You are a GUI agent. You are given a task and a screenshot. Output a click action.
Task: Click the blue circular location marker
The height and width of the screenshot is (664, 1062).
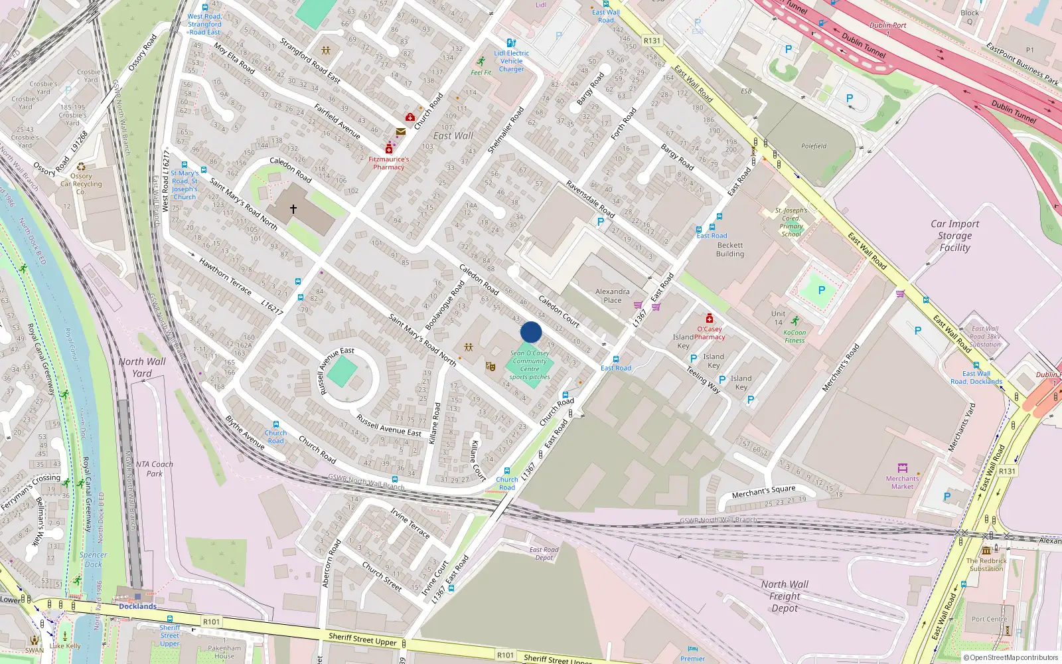click(531, 332)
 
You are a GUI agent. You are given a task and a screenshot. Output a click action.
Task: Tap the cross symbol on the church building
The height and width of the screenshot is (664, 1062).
click(293, 208)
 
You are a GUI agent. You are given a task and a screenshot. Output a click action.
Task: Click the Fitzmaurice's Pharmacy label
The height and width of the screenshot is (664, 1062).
click(389, 163)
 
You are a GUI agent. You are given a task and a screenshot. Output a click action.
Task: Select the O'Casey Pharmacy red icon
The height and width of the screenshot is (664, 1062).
click(710, 319)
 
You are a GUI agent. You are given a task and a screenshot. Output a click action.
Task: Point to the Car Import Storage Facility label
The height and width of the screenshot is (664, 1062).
click(954, 236)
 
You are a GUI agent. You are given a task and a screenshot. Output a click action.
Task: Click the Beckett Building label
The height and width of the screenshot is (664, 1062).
click(730, 250)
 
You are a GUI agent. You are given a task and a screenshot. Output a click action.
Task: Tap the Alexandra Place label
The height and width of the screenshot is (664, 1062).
click(612, 295)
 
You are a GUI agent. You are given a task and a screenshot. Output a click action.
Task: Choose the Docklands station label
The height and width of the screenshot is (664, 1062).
click(137, 606)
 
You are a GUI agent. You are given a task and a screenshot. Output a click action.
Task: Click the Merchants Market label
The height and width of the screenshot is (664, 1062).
click(902, 482)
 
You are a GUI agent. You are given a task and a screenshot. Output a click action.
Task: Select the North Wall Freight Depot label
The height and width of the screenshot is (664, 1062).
click(785, 596)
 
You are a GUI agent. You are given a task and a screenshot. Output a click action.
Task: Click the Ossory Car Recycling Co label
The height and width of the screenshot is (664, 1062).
click(81, 184)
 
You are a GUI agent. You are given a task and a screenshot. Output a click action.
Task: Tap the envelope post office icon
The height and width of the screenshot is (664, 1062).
click(401, 132)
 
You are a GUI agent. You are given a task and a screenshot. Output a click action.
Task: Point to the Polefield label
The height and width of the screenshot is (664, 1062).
click(814, 146)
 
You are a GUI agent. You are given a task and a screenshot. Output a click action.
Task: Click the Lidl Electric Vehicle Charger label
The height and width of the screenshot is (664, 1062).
click(511, 61)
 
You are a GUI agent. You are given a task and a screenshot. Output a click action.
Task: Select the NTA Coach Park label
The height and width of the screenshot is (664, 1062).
click(154, 469)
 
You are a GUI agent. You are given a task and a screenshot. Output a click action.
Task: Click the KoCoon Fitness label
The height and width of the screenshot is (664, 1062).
click(795, 337)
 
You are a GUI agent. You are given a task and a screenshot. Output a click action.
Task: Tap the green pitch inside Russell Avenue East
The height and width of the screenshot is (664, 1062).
click(342, 372)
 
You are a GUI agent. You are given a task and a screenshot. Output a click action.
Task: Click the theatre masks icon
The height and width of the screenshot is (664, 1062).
click(491, 366)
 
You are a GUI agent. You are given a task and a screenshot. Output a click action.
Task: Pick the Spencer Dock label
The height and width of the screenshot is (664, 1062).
click(93, 559)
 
